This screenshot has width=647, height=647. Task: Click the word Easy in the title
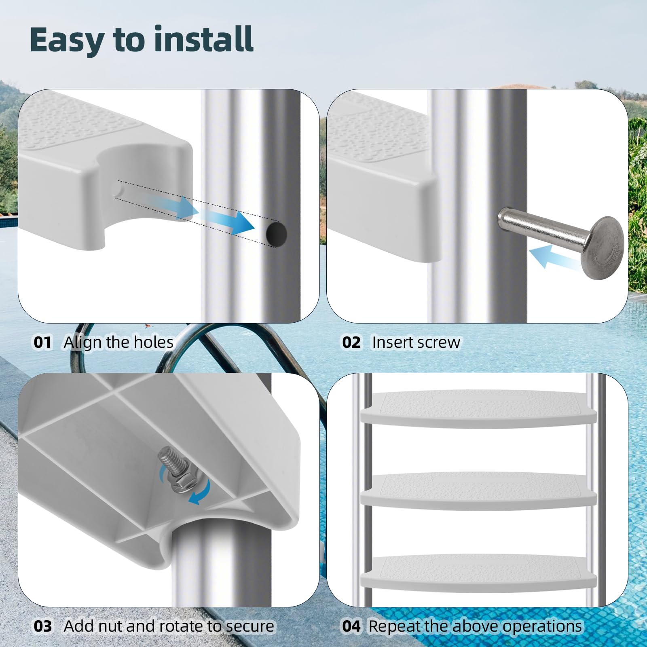[67, 40]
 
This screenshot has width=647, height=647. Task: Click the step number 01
[42, 343]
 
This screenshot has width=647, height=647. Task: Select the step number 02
[351, 343]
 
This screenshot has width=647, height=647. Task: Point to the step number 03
[43, 626]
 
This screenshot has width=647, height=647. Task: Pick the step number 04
[351, 626]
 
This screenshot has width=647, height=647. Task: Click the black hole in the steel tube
[277, 234]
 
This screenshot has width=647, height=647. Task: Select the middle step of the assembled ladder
[478, 490]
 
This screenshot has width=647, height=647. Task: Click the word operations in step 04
[542, 627]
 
